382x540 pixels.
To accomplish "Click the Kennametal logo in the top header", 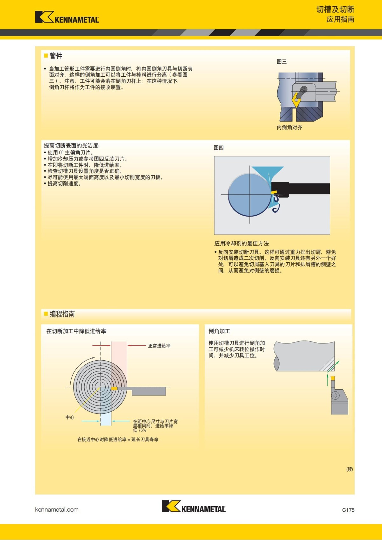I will pyautogui.click(x=67, y=17).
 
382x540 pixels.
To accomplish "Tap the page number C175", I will pyautogui.click(x=348, y=510).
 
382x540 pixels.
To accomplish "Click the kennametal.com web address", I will pyautogui.click(x=57, y=509).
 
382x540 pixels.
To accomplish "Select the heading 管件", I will pyautogui.click(x=56, y=56).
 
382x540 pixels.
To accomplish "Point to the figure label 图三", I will pyautogui.click(x=281, y=62).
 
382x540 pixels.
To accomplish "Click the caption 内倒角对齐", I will pyautogui.click(x=289, y=128).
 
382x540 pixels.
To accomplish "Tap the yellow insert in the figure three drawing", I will pyautogui.click(x=296, y=100).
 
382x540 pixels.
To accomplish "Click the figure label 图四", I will pyautogui.click(x=218, y=148).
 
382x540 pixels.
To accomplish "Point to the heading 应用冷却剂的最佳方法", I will pyautogui.click(x=241, y=244).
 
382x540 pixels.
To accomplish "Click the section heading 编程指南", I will pyautogui.click(x=62, y=314).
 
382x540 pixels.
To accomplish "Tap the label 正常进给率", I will pyautogui.click(x=159, y=346).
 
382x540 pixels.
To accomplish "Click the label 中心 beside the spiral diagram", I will pyautogui.click(x=70, y=417).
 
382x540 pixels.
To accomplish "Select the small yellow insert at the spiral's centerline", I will pyautogui.click(x=114, y=388).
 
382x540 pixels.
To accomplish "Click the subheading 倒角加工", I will pyautogui.click(x=219, y=331).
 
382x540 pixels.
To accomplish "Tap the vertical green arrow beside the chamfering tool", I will pyautogui.click(x=328, y=380).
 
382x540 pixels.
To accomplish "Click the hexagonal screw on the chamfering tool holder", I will pyautogui.click(x=335, y=396).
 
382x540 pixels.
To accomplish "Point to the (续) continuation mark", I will pyautogui.click(x=350, y=469).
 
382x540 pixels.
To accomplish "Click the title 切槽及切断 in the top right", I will pyautogui.click(x=335, y=10).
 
